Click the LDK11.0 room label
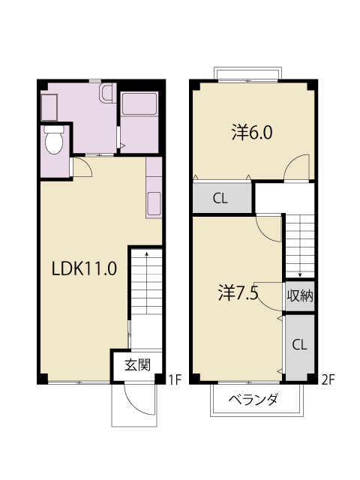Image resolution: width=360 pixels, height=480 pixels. (x=84, y=268)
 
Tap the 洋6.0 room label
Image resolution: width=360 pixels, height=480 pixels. (x=251, y=133)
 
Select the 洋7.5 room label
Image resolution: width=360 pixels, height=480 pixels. (x=238, y=292)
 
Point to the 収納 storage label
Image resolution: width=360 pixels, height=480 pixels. (x=299, y=295)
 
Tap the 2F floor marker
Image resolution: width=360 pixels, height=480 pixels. (x=327, y=380)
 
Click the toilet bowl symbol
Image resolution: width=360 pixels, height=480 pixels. (x=55, y=140)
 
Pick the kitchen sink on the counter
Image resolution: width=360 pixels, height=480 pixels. (x=154, y=202)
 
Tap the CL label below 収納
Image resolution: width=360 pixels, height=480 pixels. (x=299, y=346)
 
